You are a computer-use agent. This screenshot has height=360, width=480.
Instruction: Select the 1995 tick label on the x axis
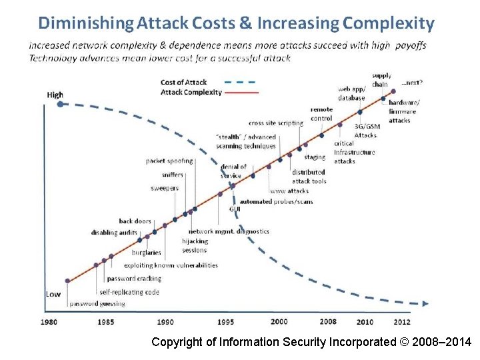(225, 322)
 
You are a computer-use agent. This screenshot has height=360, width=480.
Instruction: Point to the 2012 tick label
(402, 322)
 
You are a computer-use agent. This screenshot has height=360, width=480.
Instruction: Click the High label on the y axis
(55, 95)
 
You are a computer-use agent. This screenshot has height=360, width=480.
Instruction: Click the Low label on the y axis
(53, 293)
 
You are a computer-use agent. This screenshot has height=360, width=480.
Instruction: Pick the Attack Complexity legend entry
(191, 92)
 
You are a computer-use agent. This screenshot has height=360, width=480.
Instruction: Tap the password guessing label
(97, 303)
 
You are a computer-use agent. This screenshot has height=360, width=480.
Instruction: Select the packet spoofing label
(169, 161)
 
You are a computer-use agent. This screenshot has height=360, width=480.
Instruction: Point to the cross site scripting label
(275, 123)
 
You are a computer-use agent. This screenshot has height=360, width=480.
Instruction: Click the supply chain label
(381, 80)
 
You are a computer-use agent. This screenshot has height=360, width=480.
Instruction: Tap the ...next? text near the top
(411, 83)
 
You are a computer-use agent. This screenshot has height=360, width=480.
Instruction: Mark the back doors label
(135, 221)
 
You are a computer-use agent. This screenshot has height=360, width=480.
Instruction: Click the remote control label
(321, 114)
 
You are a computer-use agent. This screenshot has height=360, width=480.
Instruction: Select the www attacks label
(289, 191)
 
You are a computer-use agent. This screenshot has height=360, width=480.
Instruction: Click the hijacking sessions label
(195, 246)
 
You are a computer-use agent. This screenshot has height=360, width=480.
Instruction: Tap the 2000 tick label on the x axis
(279, 322)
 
